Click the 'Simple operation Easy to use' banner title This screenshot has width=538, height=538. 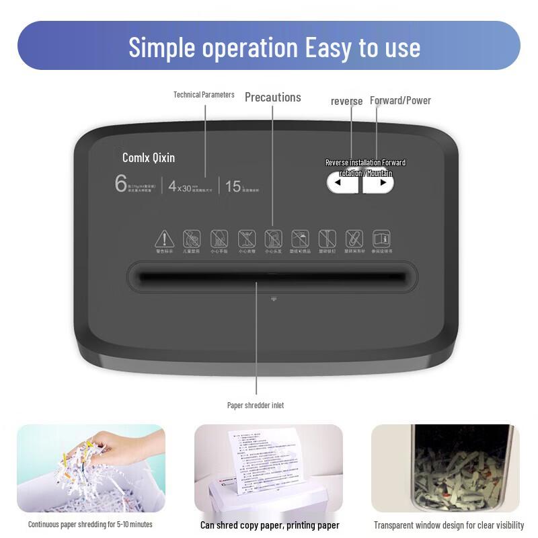pyautogui.click(x=274, y=47)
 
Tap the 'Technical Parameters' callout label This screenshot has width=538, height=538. pyautogui.click(x=204, y=95)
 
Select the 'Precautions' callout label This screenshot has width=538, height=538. pyautogui.click(x=272, y=98)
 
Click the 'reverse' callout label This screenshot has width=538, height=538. pyautogui.click(x=346, y=102)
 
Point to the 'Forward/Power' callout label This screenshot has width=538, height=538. pyautogui.click(x=400, y=100)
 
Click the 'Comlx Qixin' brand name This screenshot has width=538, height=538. pyautogui.click(x=149, y=157)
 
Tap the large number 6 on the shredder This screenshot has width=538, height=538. pyautogui.click(x=121, y=183)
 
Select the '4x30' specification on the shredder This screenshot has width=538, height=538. pyautogui.click(x=180, y=187)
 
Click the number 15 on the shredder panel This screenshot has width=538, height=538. pyautogui.click(x=233, y=186)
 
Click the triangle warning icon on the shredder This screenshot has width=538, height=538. pyautogui.click(x=164, y=239)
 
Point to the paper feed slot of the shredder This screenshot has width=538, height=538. pyautogui.click(x=272, y=276)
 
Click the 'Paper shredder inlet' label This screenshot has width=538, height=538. pyautogui.click(x=255, y=406)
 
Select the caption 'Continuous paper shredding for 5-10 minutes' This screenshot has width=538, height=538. pyautogui.click(x=90, y=525)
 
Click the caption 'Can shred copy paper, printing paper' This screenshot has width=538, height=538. pyautogui.click(x=270, y=525)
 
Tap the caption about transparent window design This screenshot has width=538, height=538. pyautogui.click(x=449, y=525)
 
